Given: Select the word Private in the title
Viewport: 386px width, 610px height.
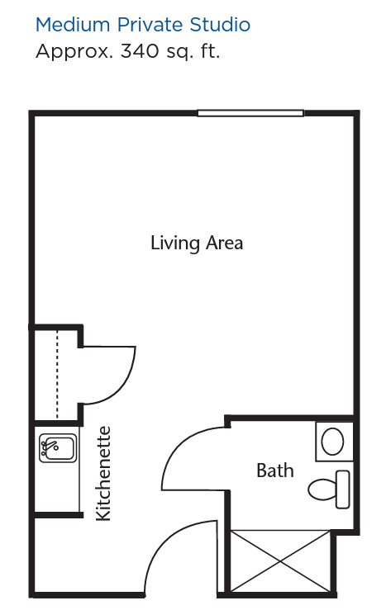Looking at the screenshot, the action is tap(150, 25).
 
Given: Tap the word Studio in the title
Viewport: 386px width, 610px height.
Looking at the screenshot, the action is tap(220, 25).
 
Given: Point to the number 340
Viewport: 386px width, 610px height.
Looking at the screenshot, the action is tap(140, 51).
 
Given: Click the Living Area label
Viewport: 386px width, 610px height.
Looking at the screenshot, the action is tap(197, 244).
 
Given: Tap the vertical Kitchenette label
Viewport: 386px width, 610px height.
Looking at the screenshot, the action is tap(103, 474).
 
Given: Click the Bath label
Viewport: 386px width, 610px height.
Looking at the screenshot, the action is tap(275, 471).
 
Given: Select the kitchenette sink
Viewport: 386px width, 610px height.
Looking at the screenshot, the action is tap(58, 448).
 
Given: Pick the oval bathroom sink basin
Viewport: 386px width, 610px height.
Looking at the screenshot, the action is tap(332, 442).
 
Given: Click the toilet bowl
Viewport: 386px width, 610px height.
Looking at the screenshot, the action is tap(322, 489).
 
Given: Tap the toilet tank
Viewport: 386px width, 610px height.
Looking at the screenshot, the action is tap(343, 489).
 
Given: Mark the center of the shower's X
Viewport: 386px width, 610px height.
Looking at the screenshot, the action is tap(280, 561).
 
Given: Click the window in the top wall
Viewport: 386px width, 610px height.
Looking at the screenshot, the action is tap(250, 113).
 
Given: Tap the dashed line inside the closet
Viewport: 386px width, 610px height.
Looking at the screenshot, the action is tap(57, 374).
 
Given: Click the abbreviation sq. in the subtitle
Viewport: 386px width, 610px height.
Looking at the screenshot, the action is tap(179, 53).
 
